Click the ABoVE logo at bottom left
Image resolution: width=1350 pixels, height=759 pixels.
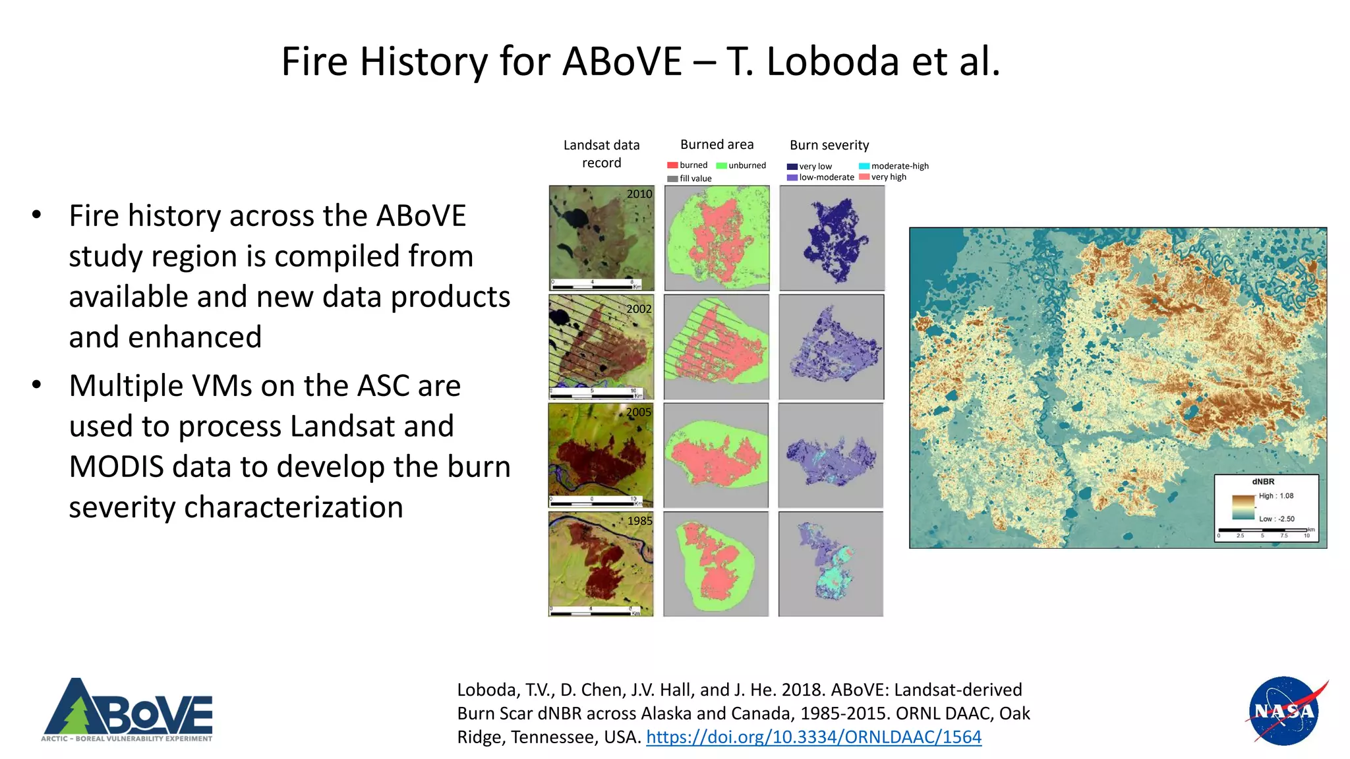tap(127, 710)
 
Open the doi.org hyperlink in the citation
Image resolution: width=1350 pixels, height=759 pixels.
tap(813, 737)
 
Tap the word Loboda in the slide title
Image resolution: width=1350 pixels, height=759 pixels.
tap(833, 61)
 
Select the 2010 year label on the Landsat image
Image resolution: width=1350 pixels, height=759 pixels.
tap(639, 194)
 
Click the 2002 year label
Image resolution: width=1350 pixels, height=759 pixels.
tap(638, 309)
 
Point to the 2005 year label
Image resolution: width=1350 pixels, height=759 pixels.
tap(638, 412)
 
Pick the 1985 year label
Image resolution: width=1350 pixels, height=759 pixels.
tap(639, 521)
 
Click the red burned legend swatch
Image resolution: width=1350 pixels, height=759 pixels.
tap(672, 165)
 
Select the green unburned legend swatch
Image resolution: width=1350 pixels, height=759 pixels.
tap(721, 165)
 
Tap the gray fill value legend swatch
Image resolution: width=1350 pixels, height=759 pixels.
tap(672, 179)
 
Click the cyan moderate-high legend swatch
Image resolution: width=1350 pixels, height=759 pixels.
tap(864, 166)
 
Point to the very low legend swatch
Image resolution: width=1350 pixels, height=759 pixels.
tap(792, 167)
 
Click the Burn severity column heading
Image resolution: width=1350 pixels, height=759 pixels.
tap(829, 145)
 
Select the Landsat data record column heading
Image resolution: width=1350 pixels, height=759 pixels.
tap(601, 154)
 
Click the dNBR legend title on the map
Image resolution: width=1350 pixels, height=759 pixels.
tap(1263, 482)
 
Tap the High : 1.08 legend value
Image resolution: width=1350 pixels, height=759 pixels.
tap(1276, 496)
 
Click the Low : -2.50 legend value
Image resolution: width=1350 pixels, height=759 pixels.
tap(1277, 519)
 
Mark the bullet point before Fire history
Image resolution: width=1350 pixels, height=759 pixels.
tap(37, 215)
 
